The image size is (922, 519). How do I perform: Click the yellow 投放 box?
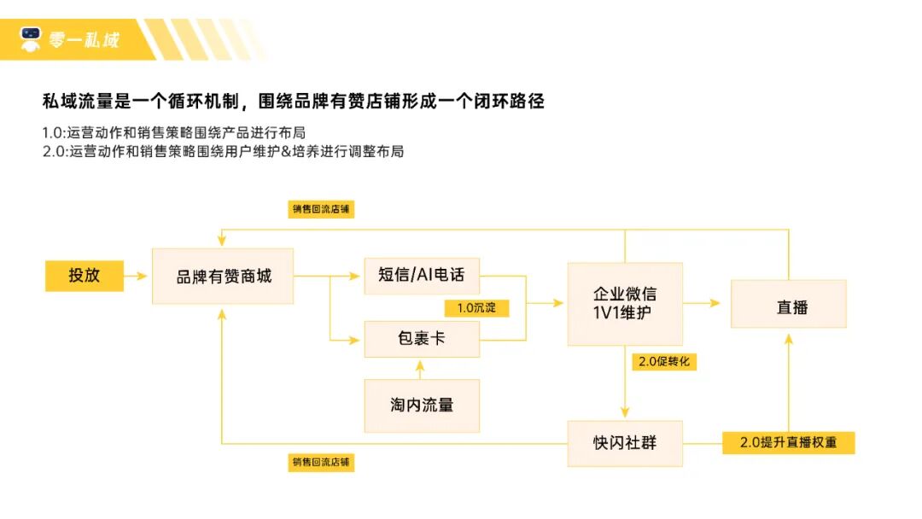(x=85, y=276)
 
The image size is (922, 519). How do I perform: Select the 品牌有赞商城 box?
(x=223, y=277)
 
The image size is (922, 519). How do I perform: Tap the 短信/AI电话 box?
(x=422, y=276)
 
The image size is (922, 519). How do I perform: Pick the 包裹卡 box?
(x=422, y=339)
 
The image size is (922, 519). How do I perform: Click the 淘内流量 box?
(x=422, y=405)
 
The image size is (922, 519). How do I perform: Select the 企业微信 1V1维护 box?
(x=625, y=304)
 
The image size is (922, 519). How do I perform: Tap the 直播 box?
(x=789, y=304)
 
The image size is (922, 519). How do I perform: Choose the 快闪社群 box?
(x=625, y=443)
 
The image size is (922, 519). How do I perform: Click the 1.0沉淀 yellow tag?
(x=476, y=307)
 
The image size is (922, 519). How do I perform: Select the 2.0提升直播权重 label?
(x=788, y=443)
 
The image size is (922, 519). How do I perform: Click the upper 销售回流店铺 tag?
(x=321, y=209)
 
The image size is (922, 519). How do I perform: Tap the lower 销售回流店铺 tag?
(x=321, y=463)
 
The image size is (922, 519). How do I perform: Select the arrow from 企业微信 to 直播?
(x=706, y=303)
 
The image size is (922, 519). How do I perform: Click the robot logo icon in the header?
(x=32, y=38)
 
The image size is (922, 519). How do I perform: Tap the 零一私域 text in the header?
(x=84, y=39)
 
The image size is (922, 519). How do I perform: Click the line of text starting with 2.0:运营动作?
(x=222, y=152)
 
